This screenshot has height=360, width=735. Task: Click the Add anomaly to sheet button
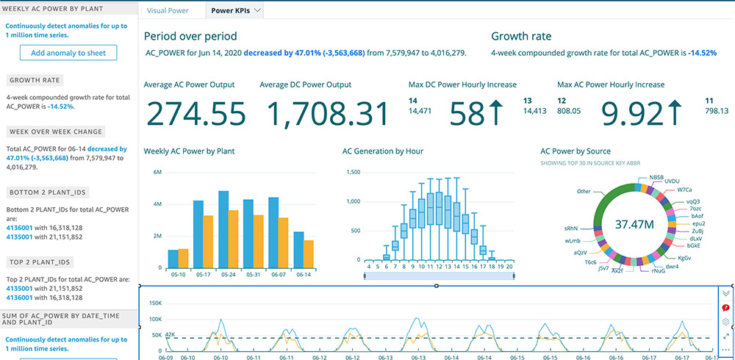point(68,52)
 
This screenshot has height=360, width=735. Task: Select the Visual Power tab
point(168,11)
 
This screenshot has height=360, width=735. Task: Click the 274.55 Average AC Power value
point(195,114)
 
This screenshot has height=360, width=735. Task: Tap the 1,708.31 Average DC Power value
point(326,114)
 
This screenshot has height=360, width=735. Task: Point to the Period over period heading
point(190,36)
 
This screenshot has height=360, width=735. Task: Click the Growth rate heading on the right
point(521,36)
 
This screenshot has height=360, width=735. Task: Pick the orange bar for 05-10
point(184,259)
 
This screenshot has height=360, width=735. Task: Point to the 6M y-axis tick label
point(157,172)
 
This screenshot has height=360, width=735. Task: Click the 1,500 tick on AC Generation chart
point(352,172)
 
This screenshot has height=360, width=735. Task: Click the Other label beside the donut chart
point(584,191)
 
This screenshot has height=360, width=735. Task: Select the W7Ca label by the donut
point(674,190)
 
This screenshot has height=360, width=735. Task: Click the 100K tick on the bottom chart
point(155,320)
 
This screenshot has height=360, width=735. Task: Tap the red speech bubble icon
point(725,308)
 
